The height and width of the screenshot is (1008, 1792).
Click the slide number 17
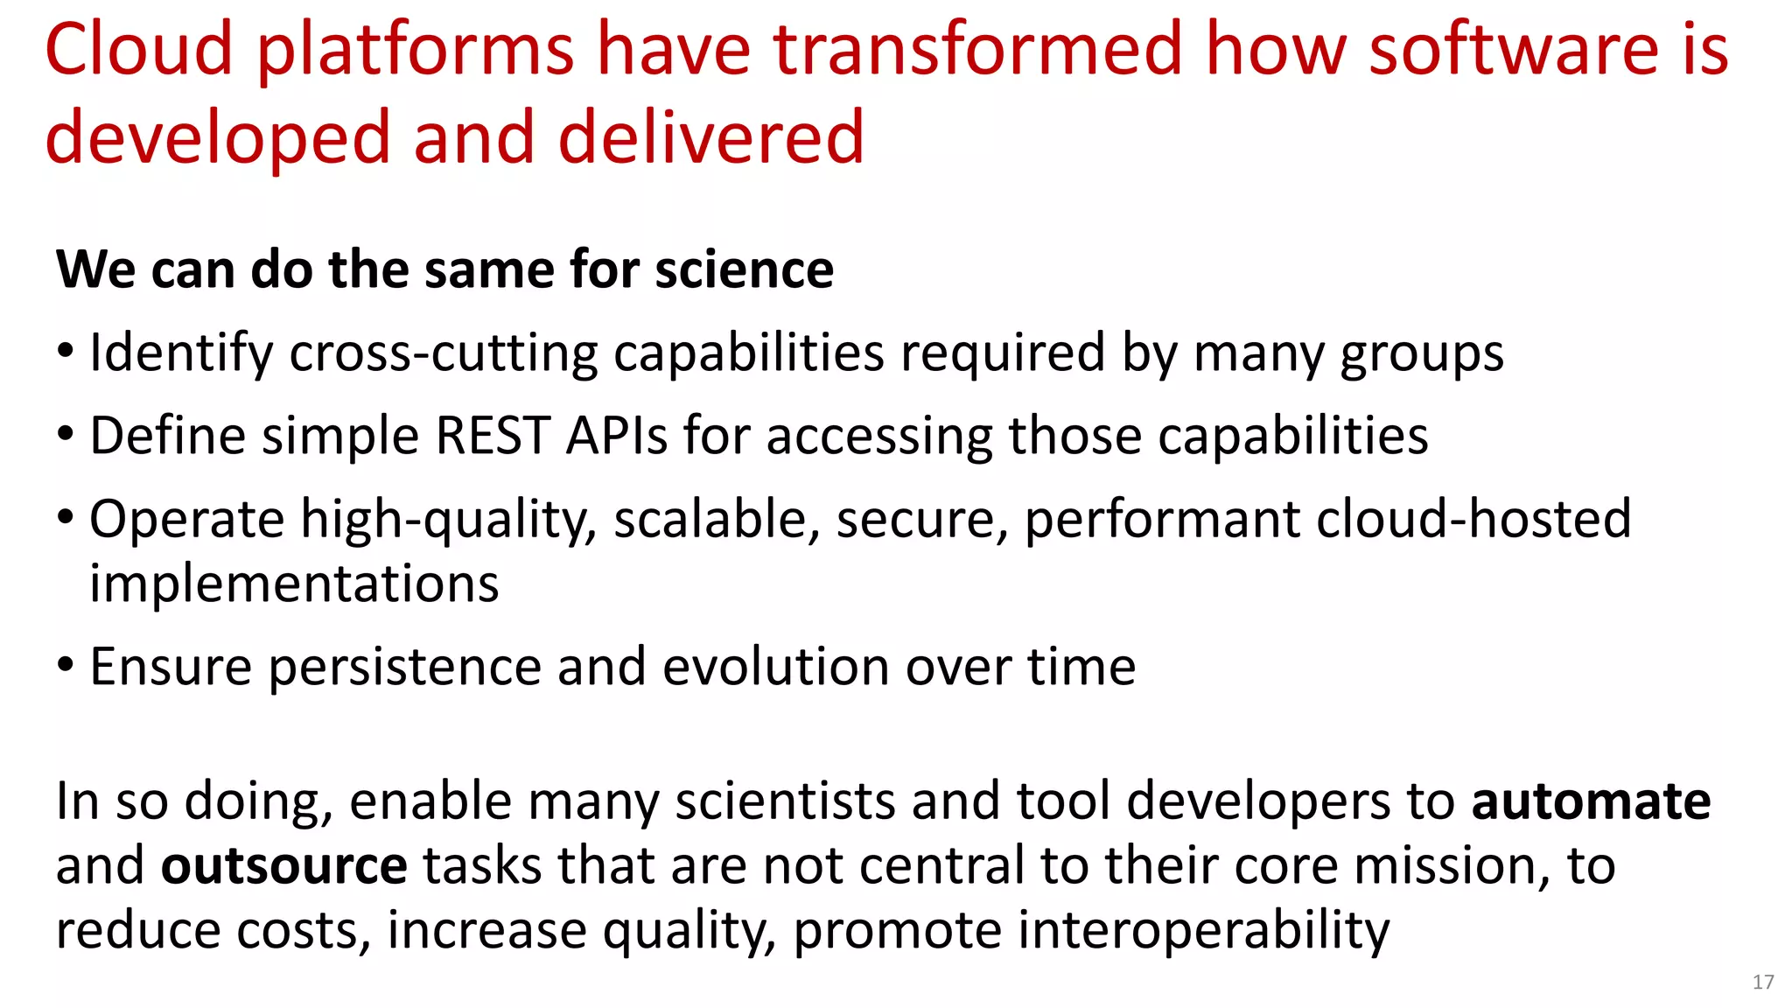click(x=1762, y=982)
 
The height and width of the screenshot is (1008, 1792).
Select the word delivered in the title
click(x=710, y=138)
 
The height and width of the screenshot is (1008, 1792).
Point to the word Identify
click(x=181, y=353)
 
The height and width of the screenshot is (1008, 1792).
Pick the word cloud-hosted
click(x=1473, y=518)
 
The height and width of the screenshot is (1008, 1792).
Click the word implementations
click(x=294, y=584)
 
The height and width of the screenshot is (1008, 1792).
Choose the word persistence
click(x=404, y=667)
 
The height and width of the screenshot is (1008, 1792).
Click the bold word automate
click(x=1591, y=801)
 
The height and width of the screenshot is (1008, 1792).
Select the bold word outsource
click(x=283, y=865)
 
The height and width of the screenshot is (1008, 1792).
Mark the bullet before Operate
click(x=66, y=516)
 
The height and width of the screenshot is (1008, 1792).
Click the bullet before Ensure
click(x=66, y=665)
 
